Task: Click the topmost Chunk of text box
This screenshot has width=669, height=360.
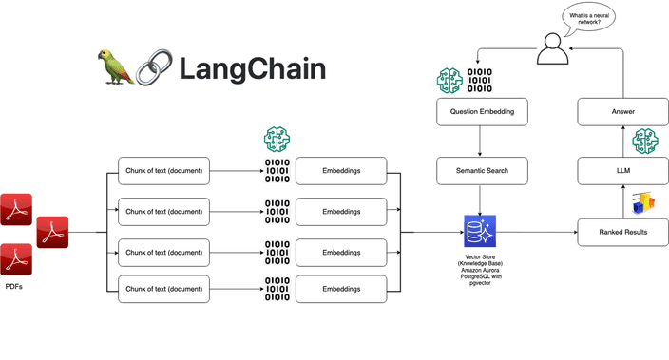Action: click(x=163, y=172)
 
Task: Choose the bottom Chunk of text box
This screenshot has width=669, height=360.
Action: click(x=163, y=290)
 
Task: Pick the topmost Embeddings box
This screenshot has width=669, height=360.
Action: click(x=340, y=172)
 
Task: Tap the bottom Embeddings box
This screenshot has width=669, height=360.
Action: click(x=340, y=290)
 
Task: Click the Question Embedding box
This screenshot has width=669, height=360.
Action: click(x=481, y=112)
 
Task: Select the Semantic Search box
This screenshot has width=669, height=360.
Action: click(x=481, y=171)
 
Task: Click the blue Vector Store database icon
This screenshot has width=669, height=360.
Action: click(x=480, y=231)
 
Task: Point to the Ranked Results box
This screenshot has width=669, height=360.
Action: click(x=623, y=231)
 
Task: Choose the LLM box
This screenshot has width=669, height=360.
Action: click(x=623, y=171)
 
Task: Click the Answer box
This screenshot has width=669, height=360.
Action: click(x=623, y=112)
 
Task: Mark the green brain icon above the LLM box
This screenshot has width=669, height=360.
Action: click(x=646, y=142)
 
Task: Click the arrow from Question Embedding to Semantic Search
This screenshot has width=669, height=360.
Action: click(x=481, y=142)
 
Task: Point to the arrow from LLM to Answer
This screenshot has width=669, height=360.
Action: click(x=623, y=142)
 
